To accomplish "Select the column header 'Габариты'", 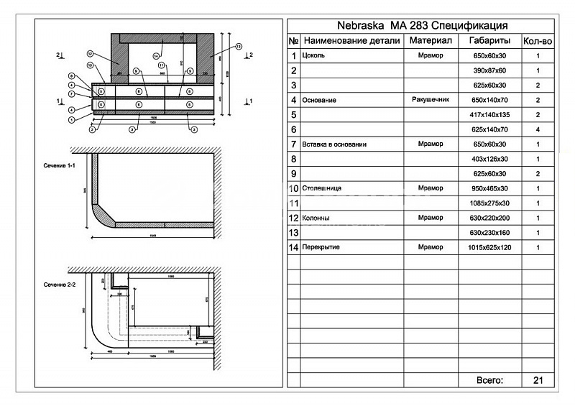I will pos(489,40).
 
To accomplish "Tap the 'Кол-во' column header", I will pos(537,41).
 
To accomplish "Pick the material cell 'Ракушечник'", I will pos(431,99).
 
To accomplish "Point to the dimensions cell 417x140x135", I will pos(489,114).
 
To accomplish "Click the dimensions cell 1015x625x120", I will pos(489,247).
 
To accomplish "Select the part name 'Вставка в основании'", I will pos(335,144).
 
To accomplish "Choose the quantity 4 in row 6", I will pos(537,129).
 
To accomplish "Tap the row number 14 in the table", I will pos(293,247).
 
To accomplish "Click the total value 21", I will pos(537,379).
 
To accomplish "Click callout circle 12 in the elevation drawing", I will pos(91,54).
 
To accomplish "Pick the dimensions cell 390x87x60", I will pos(489,70).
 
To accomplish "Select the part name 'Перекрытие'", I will pos(321,247).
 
